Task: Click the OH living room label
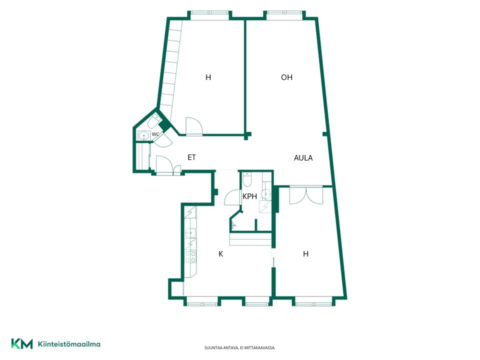click(x=286, y=77)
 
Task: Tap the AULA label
click(x=303, y=158)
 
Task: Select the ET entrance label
click(x=191, y=157)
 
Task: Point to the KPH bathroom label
click(x=249, y=196)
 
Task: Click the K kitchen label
click(x=220, y=254)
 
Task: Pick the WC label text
click(x=155, y=134)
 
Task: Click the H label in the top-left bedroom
click(x=208, y=77)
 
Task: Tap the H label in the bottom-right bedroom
click(x=305, y=254)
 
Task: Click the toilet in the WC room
click(x=154, y=121)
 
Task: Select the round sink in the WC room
click(x=143, y=135)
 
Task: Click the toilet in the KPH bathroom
click(x=246, y=179)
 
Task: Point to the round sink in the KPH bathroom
click(x=266, y=194)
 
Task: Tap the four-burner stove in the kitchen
click(x=190, y=257)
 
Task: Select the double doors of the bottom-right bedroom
click(x=306, y=195)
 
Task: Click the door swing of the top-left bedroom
click(x=194, y=126)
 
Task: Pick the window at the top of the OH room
click(x=284, y=13)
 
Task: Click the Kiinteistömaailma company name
click(x=69, y=344)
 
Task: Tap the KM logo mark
click(x=22, y=344)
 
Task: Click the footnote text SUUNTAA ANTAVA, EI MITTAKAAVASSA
click(x=239, y=348)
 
